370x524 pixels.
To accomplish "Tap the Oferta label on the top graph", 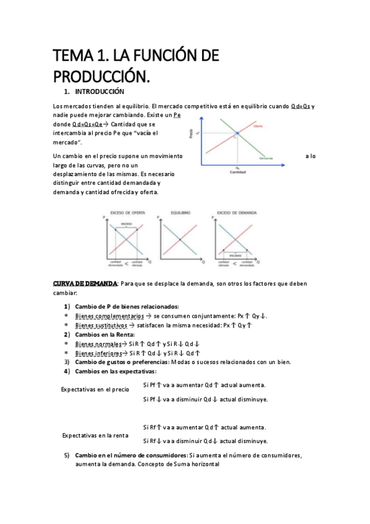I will (x=258, y=126).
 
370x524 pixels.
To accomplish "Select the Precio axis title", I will (x=191, y=133).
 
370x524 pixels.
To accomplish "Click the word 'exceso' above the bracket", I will (x=126, y=224).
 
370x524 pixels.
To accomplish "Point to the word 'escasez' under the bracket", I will (x=234, y=253).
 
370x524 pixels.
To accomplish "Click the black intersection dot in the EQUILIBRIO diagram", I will (x=180, y=239).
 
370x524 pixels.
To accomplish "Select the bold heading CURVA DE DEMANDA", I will (x=85, y=283).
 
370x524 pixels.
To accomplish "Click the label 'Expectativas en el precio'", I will (x=95, y=390).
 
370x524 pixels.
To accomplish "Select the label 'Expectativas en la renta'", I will (x=95, y=435).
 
